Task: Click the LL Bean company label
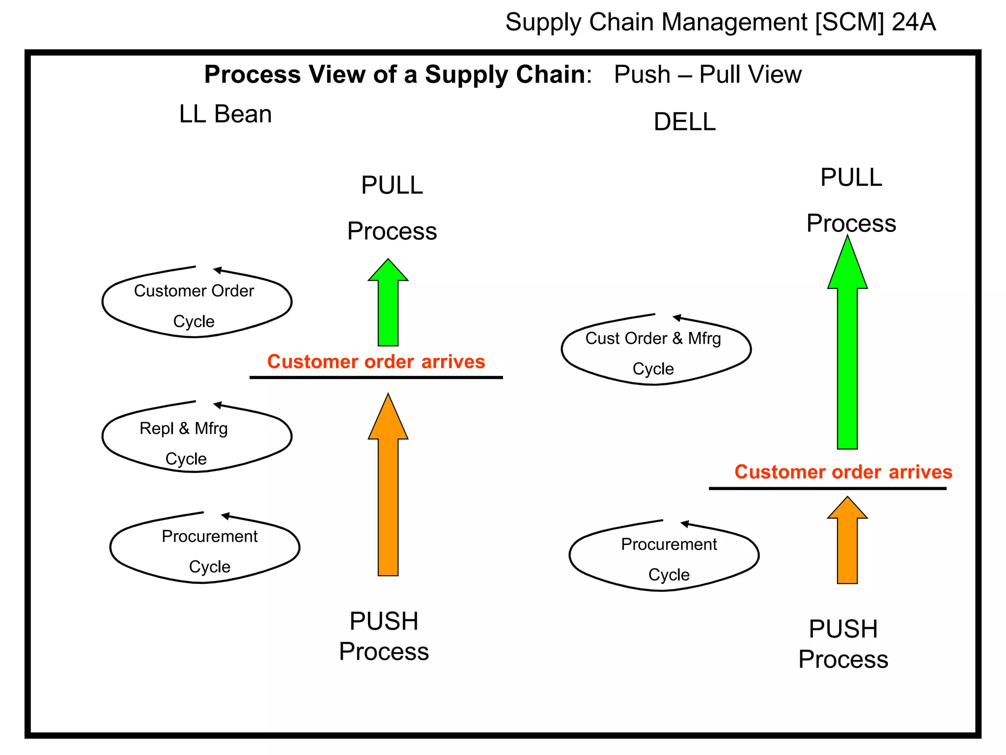tap(225, 115)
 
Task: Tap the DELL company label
tap(684, 122)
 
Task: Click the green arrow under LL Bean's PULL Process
tap(388, 305)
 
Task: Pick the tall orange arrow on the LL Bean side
tap(388, 492)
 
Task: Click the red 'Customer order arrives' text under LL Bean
tap(376, 362)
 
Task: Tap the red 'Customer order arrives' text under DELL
tap(843, 472)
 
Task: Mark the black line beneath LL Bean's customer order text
tap(376, 377)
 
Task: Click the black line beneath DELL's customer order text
tap(827, 489)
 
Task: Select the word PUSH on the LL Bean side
tap(384, 621)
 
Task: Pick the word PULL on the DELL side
tap(851, 177)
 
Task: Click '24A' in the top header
tap(914, 23)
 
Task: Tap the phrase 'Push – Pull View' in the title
tap(707, 75)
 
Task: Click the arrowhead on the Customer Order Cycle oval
tap(218, 270)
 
